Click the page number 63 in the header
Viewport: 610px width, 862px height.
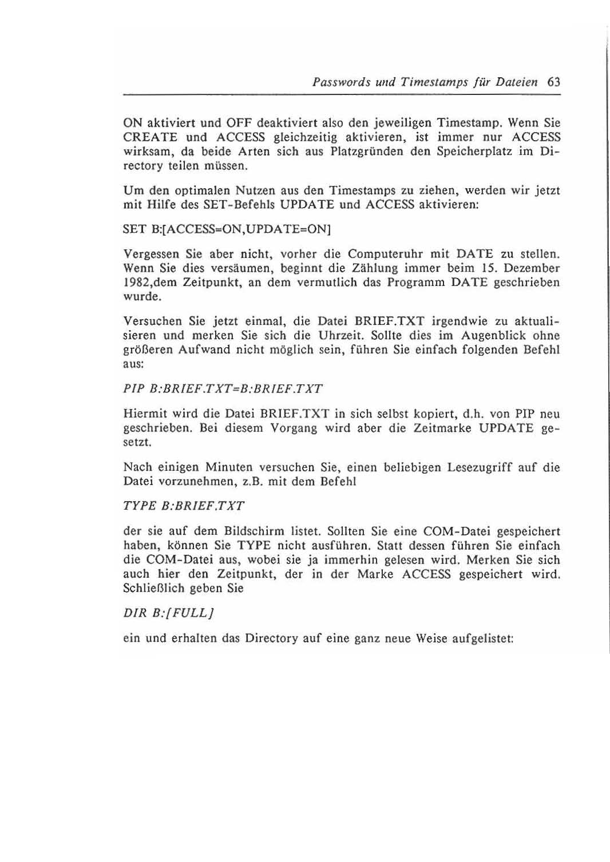coord(553,82)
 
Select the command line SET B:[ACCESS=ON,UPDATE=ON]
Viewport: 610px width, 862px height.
coord(228,229)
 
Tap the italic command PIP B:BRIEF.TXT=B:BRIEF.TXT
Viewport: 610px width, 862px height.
coord(223,389)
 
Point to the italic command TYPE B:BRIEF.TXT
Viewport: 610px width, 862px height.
coord(184,506)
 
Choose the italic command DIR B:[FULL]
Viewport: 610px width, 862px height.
coord(169,613)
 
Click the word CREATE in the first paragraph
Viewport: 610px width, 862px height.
coord(150,137)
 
